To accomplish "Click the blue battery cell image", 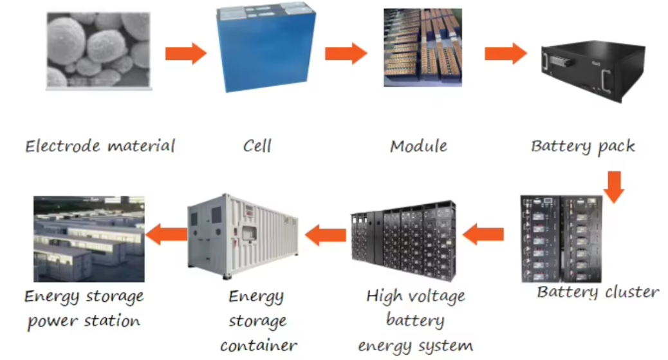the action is click(266, 47).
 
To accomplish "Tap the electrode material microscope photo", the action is click(99, 51).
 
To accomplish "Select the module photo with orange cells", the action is click(423, 48).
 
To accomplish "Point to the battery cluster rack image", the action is click(562, 239).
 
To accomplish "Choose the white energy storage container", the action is click(243, 236).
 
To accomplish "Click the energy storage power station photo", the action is click(89, 239).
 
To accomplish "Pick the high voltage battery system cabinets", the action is click(403, 240).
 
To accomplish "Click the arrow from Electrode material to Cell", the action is click(186, 53).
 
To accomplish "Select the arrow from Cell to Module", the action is click(346, 53).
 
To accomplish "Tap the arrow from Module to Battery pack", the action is click(506, 53).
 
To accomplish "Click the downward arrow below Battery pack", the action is click(615, 187).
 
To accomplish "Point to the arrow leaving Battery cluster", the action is click(483, 234).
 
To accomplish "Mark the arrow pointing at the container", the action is click(326, 235).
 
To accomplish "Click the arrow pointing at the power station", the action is click(167, 234).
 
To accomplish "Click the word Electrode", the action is click(63, 146).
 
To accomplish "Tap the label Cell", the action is click(257, 146).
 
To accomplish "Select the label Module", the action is click(419, 146).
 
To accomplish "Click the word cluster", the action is click(632, 292).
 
